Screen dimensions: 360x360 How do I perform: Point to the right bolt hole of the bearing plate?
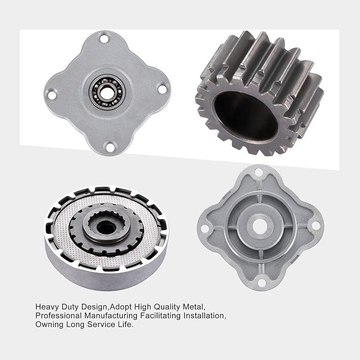(162, 88)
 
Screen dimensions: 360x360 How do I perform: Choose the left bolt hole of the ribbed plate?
(205, 228)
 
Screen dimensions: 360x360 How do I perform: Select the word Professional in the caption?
(56, 316)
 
